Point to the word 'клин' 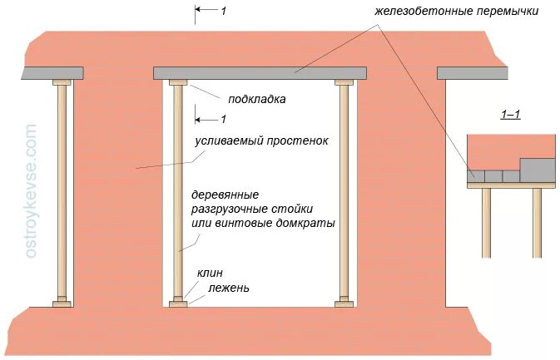coord(210,273)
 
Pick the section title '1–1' coord(510,114)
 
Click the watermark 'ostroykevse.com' coord(32,190)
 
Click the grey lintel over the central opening coord(260,73)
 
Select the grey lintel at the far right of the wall coord(472,73)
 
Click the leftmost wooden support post coord(62,191)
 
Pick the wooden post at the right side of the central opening coord(344,191)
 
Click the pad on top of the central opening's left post coord(177,82)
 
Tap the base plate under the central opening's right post coord(344,304)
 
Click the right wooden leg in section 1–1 coord(537,222)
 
